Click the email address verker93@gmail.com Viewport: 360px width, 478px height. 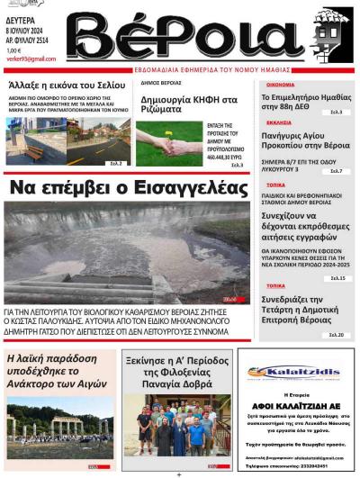31,59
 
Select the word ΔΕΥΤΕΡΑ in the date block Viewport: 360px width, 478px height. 22,15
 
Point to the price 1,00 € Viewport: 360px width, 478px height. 13,50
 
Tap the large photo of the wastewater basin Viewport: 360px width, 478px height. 127,252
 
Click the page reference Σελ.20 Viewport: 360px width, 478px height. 335,335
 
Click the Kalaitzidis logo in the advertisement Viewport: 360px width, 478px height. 294,372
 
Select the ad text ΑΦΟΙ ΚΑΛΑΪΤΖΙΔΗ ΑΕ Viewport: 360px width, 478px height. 294,403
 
